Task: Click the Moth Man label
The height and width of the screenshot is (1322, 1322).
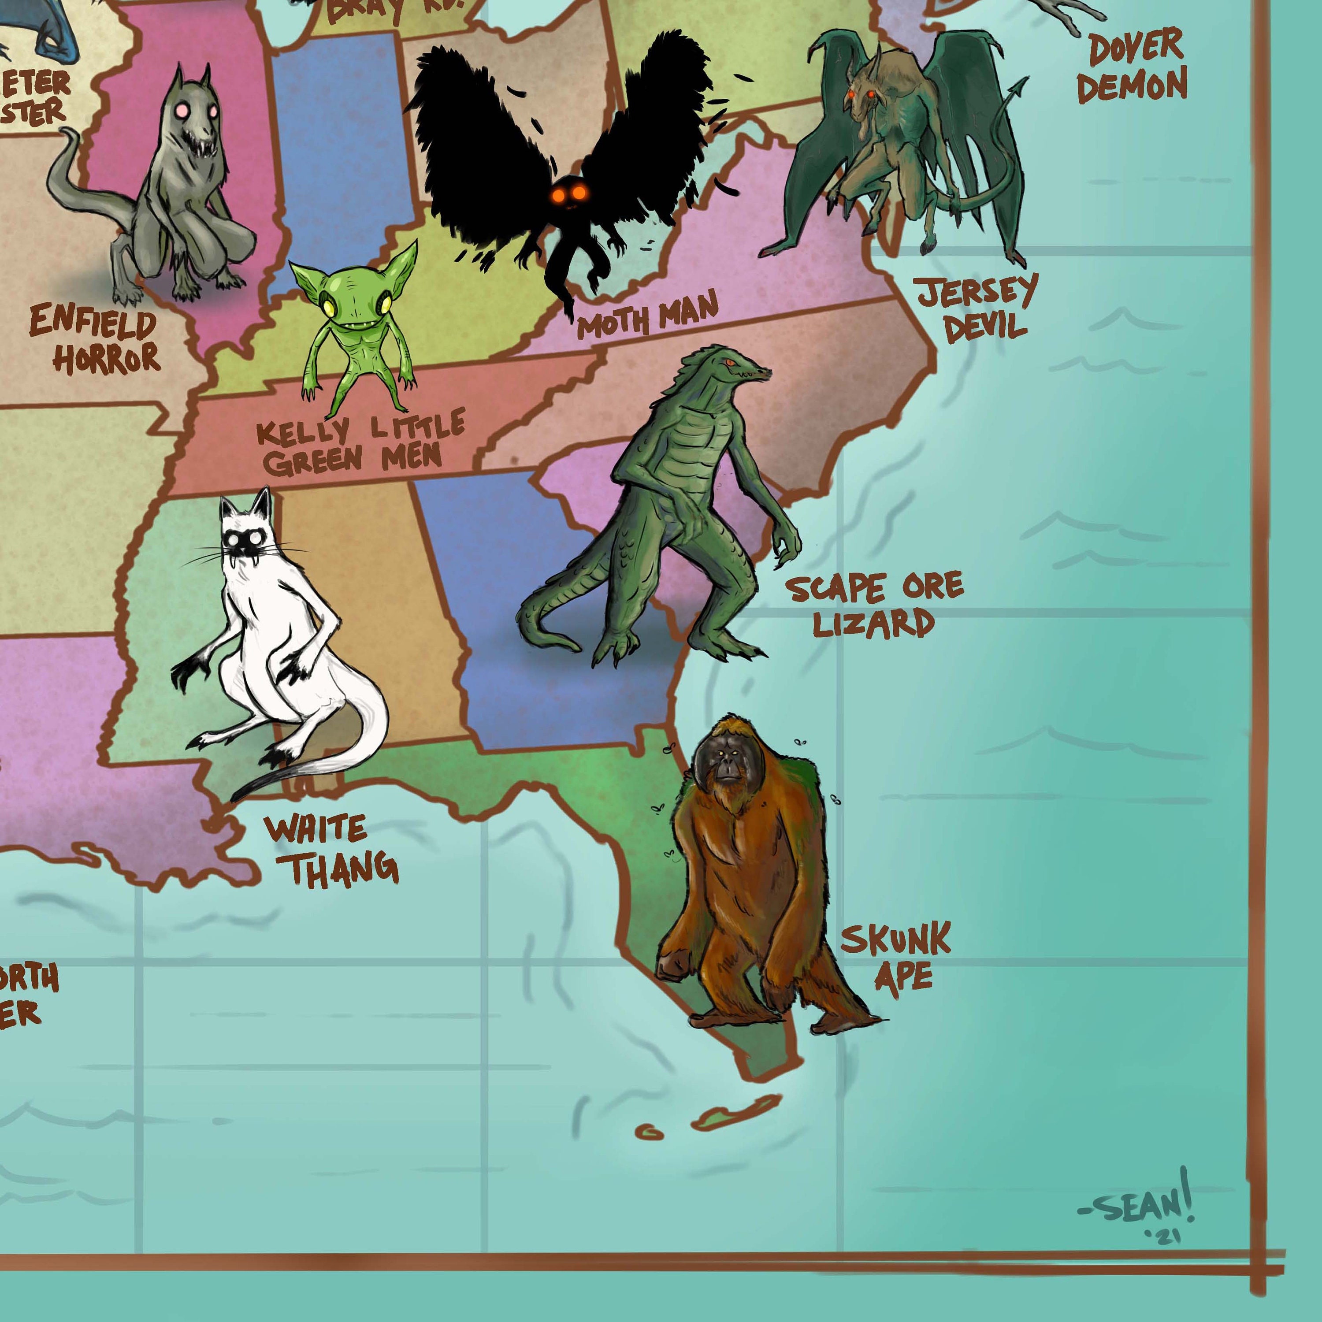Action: (646, 316)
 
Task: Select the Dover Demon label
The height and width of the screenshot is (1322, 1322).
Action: (1133, 67)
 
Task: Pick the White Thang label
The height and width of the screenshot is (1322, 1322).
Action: (331, 850)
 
